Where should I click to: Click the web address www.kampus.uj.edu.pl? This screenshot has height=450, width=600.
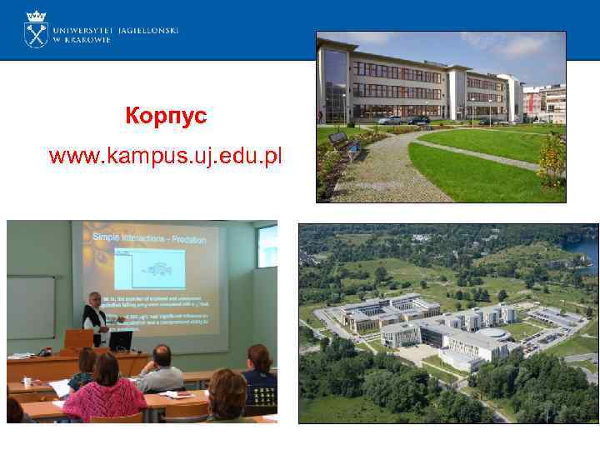click(166, 155)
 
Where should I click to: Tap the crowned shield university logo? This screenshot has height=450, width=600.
click(36, 29)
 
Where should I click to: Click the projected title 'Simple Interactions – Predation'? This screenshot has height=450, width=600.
click(148, 237)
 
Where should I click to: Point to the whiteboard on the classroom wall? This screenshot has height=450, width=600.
click(31, 307)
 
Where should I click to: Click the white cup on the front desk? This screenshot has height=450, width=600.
click(27, 382)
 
